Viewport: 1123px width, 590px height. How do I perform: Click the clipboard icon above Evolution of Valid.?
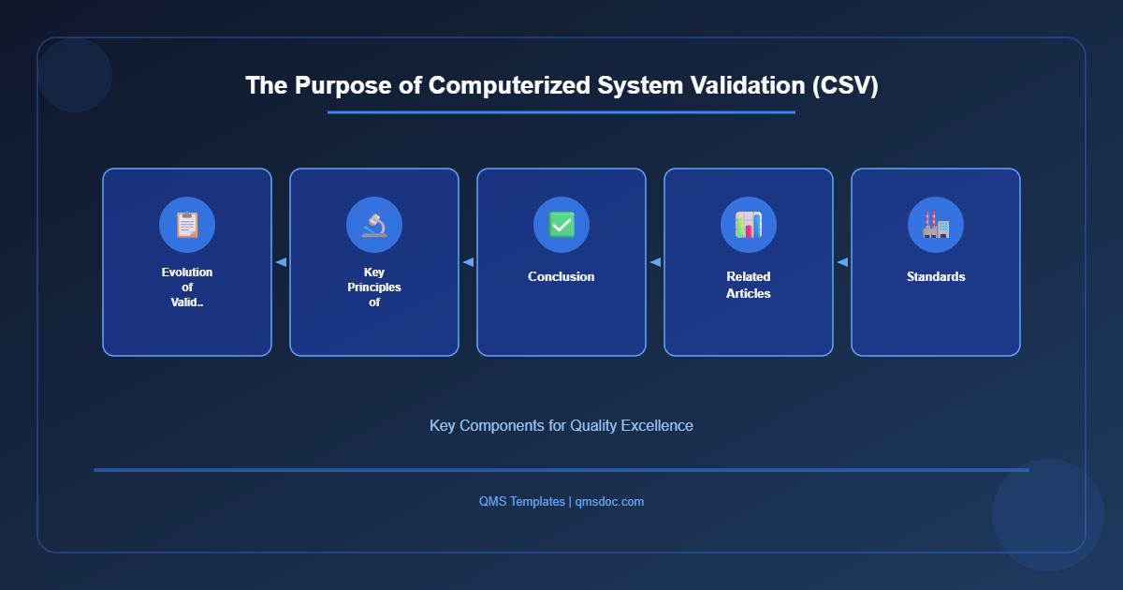coord(187,225)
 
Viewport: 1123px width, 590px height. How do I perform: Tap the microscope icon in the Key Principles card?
coord(374,225)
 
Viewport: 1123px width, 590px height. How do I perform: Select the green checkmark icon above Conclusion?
coord(561,225)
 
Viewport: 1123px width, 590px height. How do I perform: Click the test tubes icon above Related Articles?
coord(749,225)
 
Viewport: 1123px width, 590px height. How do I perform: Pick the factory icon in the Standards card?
coord(936,225)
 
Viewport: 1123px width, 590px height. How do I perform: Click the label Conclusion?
coord(561,276)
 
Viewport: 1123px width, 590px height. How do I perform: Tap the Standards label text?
coord(936,276)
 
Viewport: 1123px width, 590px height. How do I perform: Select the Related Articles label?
coord(749,285)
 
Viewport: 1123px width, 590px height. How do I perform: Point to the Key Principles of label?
coord(374,287)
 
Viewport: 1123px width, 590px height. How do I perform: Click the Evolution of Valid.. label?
coord(187,287)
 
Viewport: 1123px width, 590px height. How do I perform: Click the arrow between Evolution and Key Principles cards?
coord(281,262)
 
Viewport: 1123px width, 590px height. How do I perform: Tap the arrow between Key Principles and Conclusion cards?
coord(468,262)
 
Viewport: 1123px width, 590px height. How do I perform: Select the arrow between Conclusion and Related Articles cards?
coord(655,262)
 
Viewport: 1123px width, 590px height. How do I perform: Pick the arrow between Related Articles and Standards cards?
coord(842,262)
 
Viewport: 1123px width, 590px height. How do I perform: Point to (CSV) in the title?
coord(845,85)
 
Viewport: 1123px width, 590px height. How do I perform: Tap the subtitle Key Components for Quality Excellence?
coord(561,425)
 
